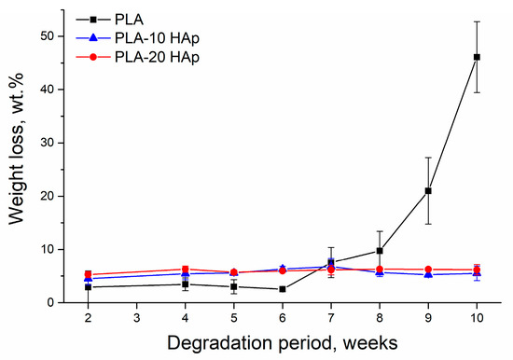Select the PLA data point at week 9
[x=428, y=191]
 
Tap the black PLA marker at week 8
[x=380, y=251]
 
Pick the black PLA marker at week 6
[x=282, y=289]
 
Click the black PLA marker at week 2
[x=87, y=287]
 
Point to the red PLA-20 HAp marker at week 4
[x=185, y=270]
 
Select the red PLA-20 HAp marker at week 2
[x=87, y=275]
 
